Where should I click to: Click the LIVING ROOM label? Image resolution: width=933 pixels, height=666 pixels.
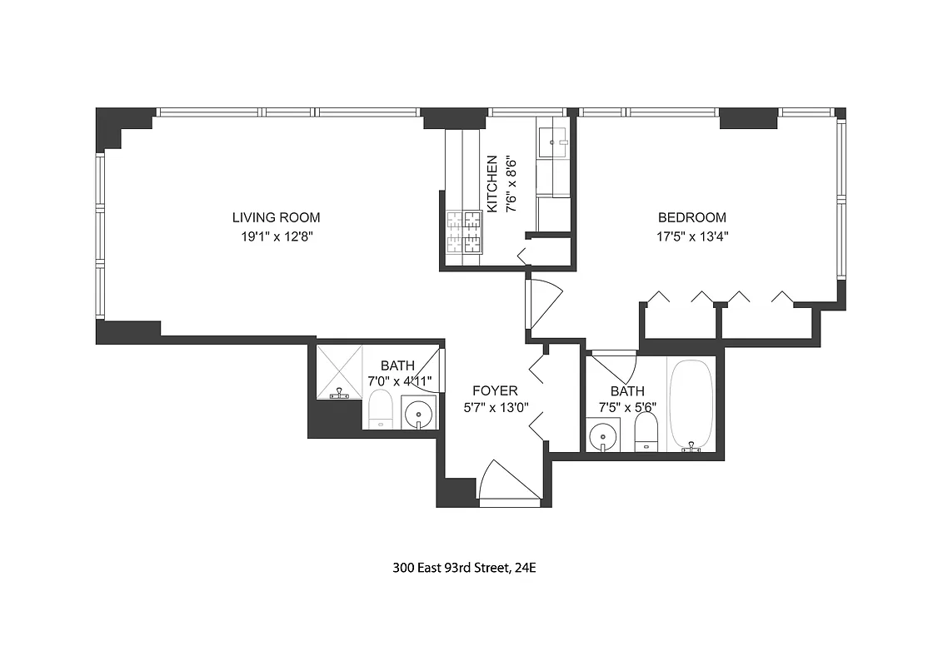pyautogui.click(x=276, y=217)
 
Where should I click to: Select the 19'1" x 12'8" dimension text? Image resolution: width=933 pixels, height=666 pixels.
pyautogui.click(x=276, y=236)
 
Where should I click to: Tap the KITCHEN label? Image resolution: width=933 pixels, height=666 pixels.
pyautogui.click(x=492, y=183)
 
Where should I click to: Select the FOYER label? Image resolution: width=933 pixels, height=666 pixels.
pyautogui.click(x=495, y=390)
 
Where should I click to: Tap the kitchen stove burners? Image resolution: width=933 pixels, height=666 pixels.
pyautogui.click(x=465, y=232)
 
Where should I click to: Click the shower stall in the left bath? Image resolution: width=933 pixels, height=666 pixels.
pyautogui.click(x=338, y=371)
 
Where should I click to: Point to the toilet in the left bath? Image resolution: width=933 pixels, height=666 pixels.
pyautogui.click(x=381, y=411)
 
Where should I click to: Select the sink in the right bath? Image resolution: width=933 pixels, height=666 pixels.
pyautogui.click(x=601, y=435)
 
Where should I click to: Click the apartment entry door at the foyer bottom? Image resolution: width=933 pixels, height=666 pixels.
pyautogui.click(x=500, y=483)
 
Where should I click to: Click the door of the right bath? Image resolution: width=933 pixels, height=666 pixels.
pyautogui.click(x=615, y=365)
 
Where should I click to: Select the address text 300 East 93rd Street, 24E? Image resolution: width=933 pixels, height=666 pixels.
pyautogui.click(x=470, y=569)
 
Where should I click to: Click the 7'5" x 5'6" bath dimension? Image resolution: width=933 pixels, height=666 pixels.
pyautogui.click(x=627, y=408)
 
